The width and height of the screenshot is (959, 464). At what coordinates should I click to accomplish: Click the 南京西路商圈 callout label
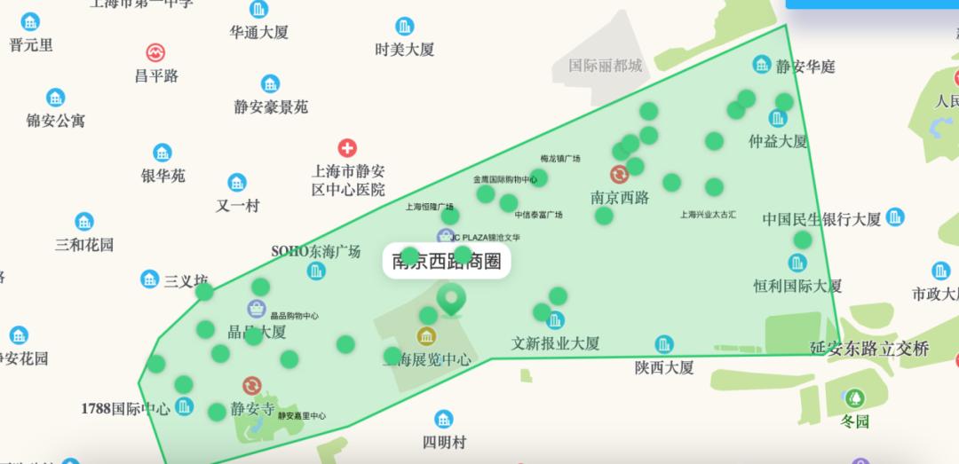click(447, 261)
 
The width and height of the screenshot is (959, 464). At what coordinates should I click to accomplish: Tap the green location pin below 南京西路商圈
click(452, 300)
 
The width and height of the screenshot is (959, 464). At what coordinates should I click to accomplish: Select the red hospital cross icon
click(347, 148)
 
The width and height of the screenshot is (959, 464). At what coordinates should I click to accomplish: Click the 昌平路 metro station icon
click(156, 52)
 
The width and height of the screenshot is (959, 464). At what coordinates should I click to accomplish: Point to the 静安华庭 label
click(804, 67)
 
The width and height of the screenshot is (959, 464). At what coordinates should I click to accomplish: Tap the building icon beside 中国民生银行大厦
click(895, 216)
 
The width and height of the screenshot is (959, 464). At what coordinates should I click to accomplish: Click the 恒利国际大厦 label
click(797, 286)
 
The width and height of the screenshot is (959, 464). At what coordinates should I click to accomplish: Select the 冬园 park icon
click(855, 398)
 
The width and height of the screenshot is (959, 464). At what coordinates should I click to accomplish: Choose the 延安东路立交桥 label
click(869, 349)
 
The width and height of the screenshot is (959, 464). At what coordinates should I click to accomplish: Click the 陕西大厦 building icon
click(664, 344)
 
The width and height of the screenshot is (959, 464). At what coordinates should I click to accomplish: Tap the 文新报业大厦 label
click(556, 342)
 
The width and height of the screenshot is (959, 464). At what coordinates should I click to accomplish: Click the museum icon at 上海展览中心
click(426, 336)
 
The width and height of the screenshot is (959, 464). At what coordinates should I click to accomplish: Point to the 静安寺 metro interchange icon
click(252, 386)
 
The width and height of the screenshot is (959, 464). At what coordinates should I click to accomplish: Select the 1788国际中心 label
click(125, 408)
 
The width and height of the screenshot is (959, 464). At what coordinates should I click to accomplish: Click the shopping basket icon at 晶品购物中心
click(257, 309)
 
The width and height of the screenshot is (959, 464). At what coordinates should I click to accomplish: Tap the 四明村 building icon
click(444, 419)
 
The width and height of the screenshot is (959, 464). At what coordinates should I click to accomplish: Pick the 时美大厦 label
click(405, 50)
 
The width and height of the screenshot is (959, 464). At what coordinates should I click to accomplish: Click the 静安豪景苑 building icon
click(271, 84)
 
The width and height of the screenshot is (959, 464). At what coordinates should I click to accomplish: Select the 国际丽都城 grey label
click(605, 66)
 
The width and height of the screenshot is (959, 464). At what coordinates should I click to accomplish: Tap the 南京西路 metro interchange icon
click(619, 174)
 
